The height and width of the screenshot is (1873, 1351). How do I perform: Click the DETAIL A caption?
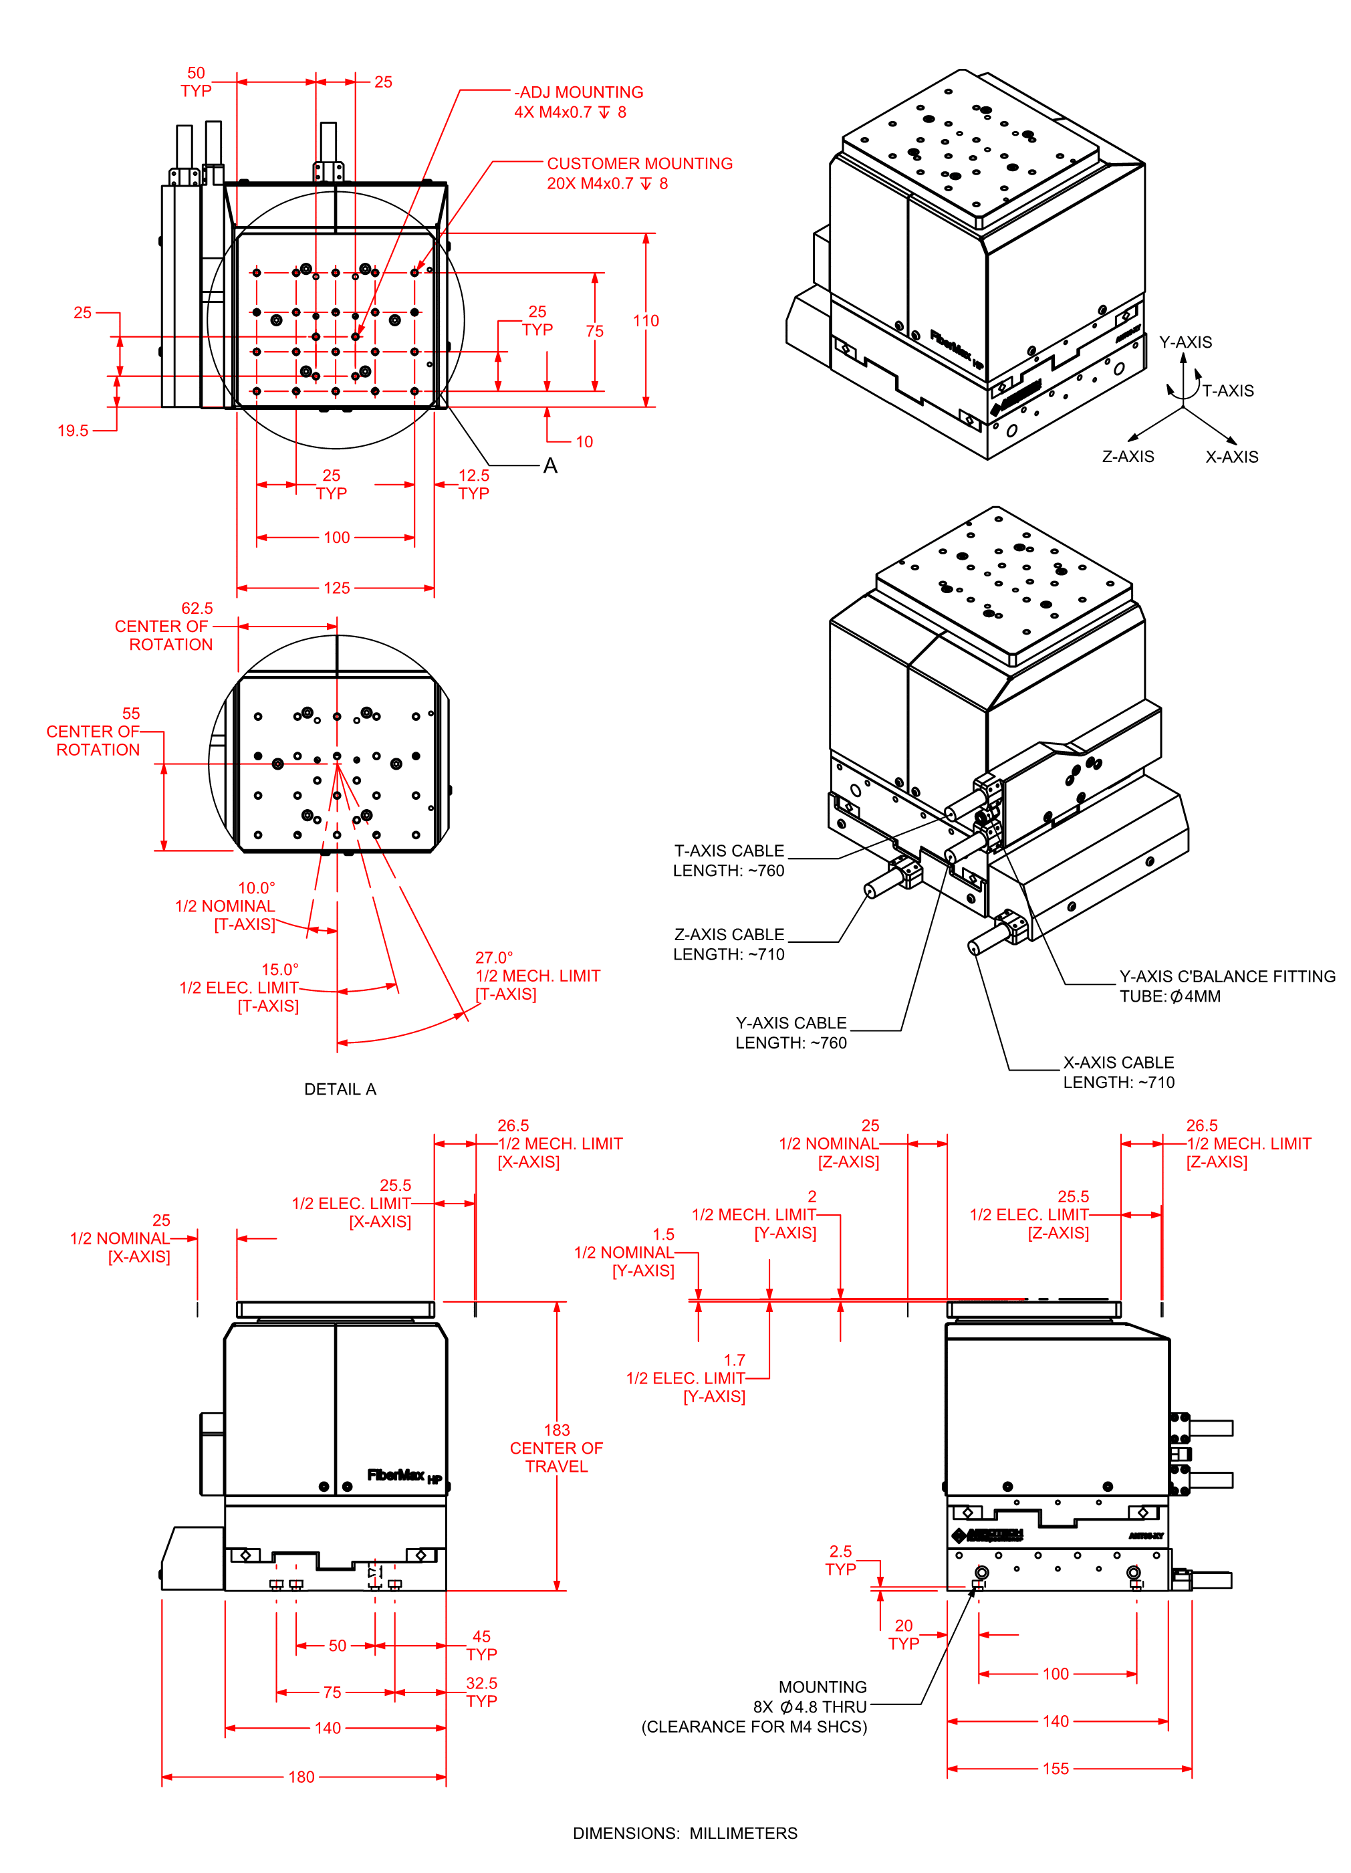(340, 1089)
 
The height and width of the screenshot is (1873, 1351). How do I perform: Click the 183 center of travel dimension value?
(557, 1430)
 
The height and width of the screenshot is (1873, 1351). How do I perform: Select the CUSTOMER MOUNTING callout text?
(639, 164)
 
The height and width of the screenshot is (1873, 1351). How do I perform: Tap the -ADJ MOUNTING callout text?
(579, 92)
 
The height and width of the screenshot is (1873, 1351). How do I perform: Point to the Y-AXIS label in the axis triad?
(1185, 342)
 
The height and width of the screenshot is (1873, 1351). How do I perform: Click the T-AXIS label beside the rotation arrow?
(1227, 391)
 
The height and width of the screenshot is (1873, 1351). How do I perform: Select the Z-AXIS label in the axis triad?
(1128, 457)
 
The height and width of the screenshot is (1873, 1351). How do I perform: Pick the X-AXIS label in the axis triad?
(1231, 457)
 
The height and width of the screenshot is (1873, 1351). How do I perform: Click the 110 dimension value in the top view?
(646, 320)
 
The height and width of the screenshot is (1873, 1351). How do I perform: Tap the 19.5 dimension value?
(73, 430)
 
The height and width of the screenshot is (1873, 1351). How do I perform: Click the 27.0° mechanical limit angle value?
(494, 957)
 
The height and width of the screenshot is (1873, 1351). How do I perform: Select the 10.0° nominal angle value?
(256, 888)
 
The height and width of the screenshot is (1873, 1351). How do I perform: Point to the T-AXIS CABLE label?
(729, 851)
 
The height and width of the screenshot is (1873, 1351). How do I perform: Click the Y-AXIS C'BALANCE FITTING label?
(1227, 976)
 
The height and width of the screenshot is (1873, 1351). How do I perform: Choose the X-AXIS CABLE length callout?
(1118, 1072)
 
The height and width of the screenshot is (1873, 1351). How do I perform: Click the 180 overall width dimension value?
(301, 1777)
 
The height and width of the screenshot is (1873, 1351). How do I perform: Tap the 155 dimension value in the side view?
(1056, 1768)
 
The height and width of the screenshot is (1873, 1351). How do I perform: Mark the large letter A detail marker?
(550, 466)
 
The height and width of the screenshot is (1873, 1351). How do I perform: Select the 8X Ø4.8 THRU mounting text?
(810, 1707)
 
